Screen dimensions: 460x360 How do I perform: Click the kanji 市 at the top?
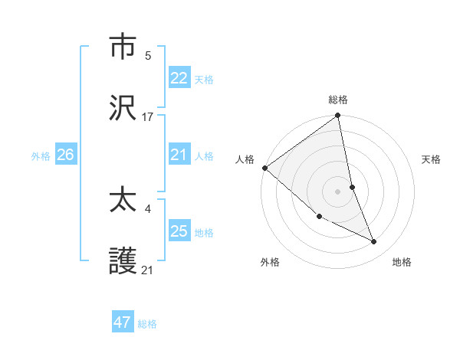pos(124,47)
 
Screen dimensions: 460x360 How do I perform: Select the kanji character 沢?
pos(124,108)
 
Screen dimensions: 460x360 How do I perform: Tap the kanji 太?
pos(124,200)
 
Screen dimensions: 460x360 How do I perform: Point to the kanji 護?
pos(124,261)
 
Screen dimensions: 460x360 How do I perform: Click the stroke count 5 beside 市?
pos(148,55)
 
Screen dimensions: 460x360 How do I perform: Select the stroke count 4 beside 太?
pos(148,208)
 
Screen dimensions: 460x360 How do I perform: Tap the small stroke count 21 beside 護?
pos(148,270)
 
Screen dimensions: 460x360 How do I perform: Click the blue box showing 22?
pos(179,78)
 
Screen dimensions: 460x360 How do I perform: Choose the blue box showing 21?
pos(179,155)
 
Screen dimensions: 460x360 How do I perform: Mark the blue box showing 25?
pos(179,231)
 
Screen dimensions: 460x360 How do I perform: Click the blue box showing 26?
pos(65,155)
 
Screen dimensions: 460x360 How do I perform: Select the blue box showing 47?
pos(123,322)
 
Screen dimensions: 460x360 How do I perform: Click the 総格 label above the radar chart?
pos(338,100)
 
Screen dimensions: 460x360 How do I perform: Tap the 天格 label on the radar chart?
pos(432,159)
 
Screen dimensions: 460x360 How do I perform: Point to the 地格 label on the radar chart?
pos(402,262)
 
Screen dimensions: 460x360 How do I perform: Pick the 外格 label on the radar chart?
pos(270,262)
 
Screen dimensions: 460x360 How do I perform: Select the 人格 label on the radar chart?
pos(245,159)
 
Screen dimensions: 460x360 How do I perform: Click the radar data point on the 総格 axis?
pos(338,116)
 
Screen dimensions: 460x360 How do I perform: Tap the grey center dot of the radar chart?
pos(338,191)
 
